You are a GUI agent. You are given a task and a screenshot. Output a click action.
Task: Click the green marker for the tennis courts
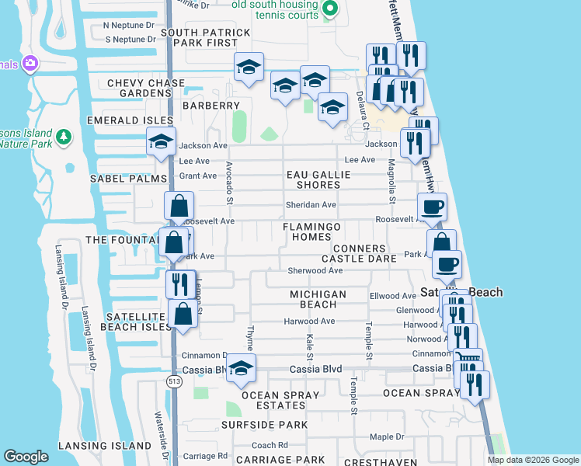(x=330, y=9)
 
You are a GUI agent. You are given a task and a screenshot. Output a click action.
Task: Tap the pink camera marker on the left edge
(x=31, y=64)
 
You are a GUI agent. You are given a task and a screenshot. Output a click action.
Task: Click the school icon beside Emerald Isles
(x=161, y=142)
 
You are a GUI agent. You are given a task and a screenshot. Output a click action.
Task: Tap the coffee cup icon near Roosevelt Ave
(x=432, y=207)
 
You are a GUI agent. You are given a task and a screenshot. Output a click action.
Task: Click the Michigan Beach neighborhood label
(x=318, y=300)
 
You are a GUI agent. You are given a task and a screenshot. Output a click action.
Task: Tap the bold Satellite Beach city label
(x=461, y=292)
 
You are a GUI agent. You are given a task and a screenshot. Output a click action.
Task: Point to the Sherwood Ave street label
(x=315, y=271)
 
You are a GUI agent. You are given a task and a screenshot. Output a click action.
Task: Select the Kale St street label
(x=309, y=341)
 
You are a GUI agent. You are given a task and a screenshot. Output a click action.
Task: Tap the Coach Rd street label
(x=270, y=445)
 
